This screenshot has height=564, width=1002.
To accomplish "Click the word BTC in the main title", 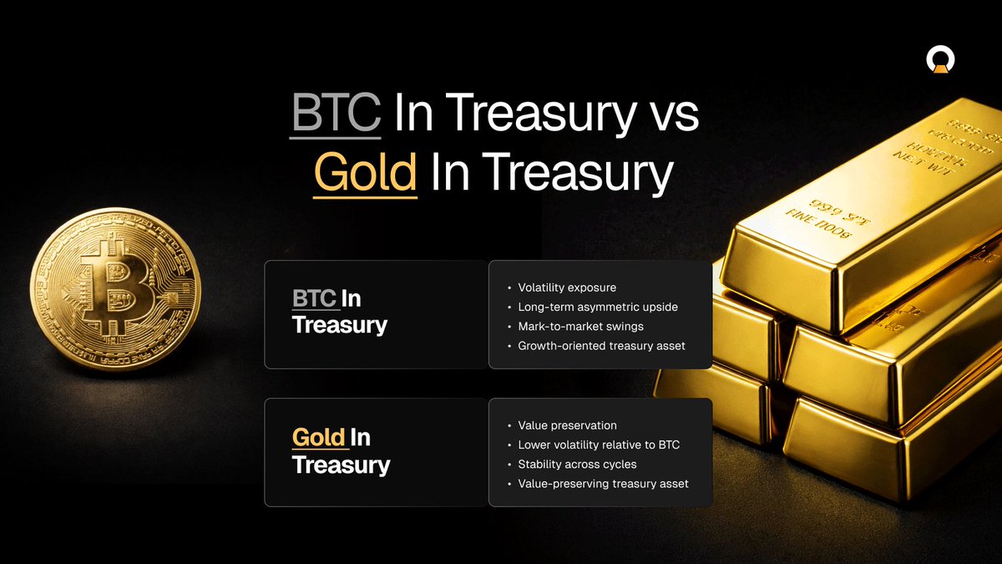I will pyautogui.click(x=336, y=115).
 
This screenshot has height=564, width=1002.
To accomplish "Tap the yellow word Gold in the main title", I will pyautogui.click(x=365, y=173).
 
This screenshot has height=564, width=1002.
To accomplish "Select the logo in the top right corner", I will pyautogui.click(x=939, y=60).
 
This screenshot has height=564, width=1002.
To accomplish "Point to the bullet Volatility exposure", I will pyautogui.click(x=567, y=288).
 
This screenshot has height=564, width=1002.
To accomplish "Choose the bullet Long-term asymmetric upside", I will pyautogui.click(x=598, y=307).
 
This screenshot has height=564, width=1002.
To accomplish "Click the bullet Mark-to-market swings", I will pyautogui.click(x=580, y=327).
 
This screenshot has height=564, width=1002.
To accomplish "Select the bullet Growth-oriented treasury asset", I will pyautogui.click(x=601, y=346).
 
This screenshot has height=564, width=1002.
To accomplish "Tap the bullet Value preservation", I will pyautogui.click(x=567, y=425).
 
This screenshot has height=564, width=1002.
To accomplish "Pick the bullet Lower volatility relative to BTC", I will pyautogui.click(x=599, y=445).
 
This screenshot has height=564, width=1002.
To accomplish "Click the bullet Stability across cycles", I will pyautogui.click(x=577, y=464).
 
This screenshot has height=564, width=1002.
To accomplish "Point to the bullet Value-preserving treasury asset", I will pyautogui.click(x=603, y=483).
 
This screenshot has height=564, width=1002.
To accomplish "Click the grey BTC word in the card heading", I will pyautogui.click(x=314, y=298).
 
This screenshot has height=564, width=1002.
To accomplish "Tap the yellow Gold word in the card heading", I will pyautogui.click(x=318, y=437).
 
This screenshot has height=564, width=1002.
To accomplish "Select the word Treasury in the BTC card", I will pyautogui.click(x=340, y=325).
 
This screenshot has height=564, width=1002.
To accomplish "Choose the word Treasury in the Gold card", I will pyautogui.click(x=341, y=465).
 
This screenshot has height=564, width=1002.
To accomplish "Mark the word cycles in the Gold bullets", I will pyautogui.click(x=617, y=464).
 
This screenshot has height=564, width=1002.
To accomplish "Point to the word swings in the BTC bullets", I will pyautogui.click(x=624, y=327).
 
